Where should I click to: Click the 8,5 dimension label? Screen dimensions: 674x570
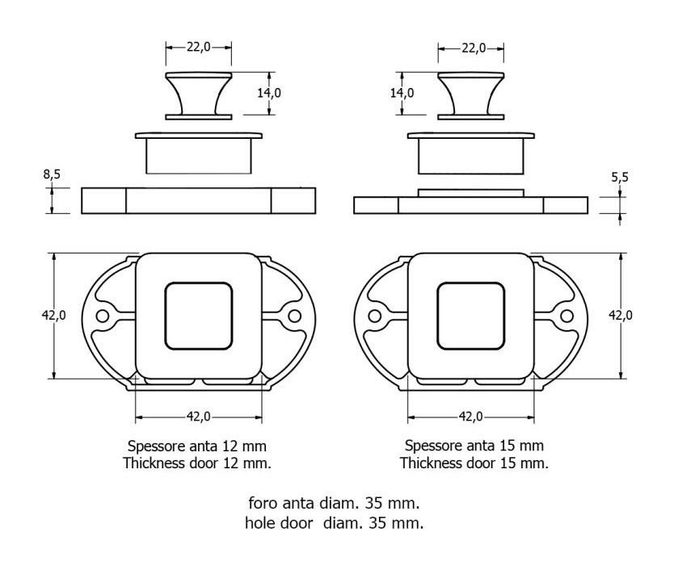pos(52,174)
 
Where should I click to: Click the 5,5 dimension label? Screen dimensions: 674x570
pos(620,177)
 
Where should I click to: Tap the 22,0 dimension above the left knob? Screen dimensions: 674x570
pos(199,47)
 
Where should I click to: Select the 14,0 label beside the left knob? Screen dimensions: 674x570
pos(269,93)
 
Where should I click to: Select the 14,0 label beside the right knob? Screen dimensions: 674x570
pos(402,93)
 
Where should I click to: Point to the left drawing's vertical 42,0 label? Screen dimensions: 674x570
pos(53,316)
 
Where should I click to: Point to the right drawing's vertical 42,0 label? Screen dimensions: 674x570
pos(621,316)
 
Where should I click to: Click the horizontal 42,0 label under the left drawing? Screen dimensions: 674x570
pos(199,417)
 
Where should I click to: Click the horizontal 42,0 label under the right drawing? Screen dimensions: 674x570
pos(471,417)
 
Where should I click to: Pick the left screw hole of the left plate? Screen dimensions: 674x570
pos(103,316)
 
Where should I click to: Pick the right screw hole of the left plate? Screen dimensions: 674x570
pos(294,316)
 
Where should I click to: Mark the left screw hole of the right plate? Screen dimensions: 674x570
pos(375,316)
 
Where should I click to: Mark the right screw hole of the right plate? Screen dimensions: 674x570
pos(567,316)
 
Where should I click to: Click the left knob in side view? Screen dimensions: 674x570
pos(199,96)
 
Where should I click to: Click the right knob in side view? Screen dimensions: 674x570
pos(471,96)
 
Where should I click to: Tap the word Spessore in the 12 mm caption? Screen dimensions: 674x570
pos(157,446)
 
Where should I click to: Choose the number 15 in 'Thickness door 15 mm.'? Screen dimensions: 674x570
pos(508,463)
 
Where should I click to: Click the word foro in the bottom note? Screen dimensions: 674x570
pos(263,502)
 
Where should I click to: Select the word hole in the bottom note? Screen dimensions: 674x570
pos(260,522)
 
